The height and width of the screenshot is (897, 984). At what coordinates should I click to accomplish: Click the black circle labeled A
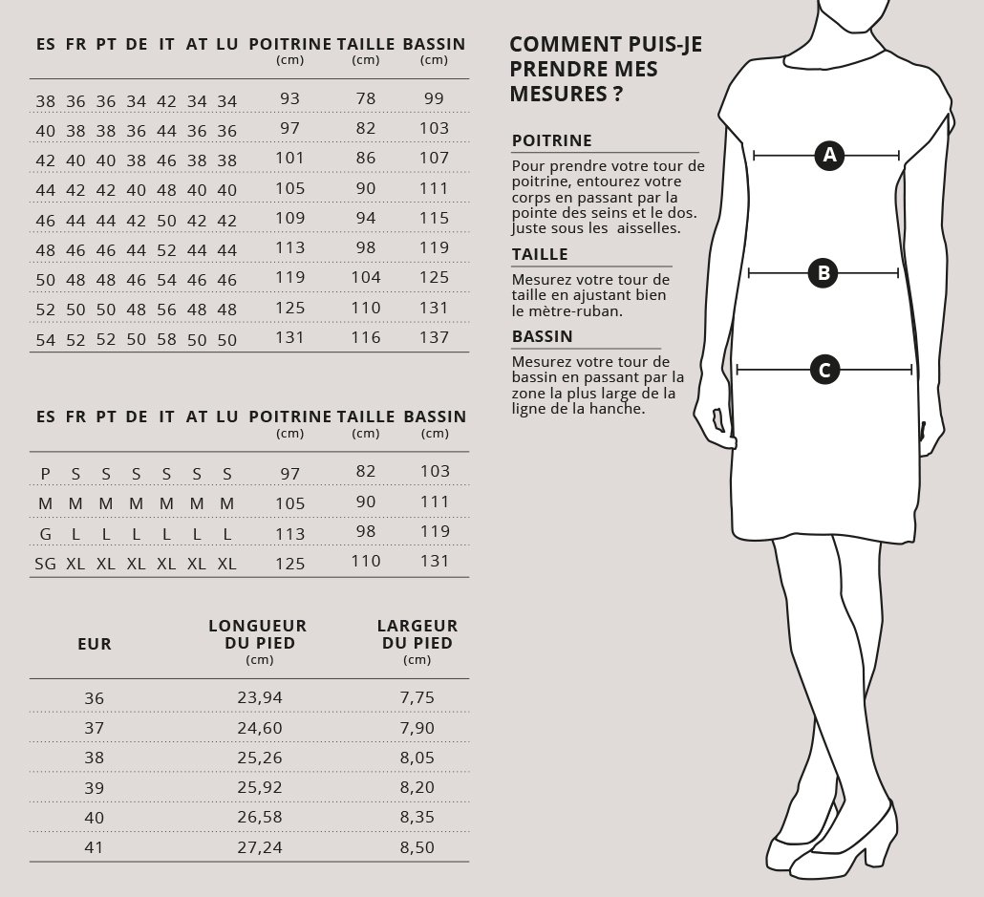(x=828, y=155)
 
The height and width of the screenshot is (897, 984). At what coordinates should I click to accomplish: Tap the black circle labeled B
(x=823, y=273)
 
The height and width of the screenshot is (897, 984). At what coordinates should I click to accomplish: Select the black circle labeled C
(x=824, y=370)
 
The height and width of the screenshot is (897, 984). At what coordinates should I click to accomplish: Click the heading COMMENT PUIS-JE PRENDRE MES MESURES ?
(x=606, y=69)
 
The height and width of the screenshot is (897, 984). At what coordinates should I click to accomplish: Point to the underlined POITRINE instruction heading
(x=552, y=140)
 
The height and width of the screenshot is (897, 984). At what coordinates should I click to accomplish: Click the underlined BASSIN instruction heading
(x=543, y=336)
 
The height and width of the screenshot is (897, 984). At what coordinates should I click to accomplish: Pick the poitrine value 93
(x=290, y=98)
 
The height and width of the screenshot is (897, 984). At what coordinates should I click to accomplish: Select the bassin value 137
(x=434, y=337)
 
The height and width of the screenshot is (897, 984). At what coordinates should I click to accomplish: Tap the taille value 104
(x=366, y=277)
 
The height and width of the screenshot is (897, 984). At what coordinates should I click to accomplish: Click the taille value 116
(x=366, y=337)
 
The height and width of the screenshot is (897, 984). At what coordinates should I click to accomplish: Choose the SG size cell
(x=45, y=564)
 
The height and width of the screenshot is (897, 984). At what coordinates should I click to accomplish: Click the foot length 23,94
(x=260, y=697)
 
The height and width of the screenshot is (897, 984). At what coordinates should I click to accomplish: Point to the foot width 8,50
(x=417, y=847)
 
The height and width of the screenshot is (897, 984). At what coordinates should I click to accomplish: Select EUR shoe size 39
(x=94, y=787)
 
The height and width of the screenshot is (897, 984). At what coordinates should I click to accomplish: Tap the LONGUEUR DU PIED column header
(x=258, y=635)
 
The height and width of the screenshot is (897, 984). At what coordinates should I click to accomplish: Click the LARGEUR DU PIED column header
(x=417, y=635)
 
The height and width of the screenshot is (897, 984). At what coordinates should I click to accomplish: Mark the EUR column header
(x=95, y=644)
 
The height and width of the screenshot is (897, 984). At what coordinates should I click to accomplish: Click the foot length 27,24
(x=260, y=847)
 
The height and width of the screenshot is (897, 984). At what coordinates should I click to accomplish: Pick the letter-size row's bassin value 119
(x=434, y=531)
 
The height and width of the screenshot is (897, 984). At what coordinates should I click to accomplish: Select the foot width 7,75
(x=417, y=697)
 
